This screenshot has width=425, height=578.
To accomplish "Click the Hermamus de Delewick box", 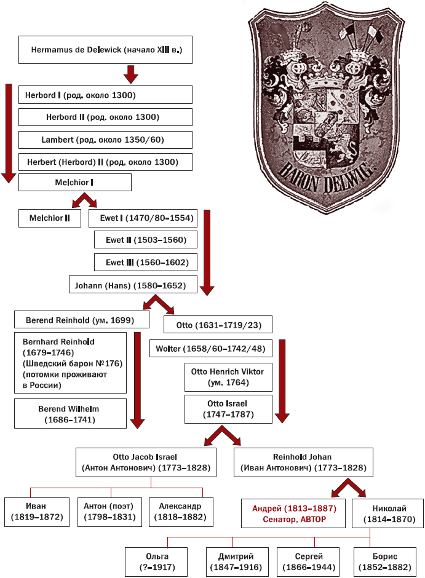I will (105, 49).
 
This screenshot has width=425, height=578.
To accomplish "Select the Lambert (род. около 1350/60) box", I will (105, 140).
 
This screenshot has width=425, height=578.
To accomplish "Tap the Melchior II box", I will (50, 218).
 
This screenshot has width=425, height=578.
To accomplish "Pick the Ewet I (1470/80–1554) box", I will (141, 218).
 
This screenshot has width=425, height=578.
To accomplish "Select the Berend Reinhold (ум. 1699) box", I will (82, 320).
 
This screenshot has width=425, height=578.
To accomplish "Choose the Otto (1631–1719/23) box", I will (218, 325).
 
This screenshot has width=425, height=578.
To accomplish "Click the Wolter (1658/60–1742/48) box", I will (211, 349).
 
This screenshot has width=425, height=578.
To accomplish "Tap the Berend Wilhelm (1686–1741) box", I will (71, 414).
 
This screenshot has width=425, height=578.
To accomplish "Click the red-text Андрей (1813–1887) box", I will (294, 513).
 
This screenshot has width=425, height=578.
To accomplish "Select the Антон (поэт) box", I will (109, 511).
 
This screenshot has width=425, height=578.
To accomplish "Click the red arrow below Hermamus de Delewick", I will (130, 74).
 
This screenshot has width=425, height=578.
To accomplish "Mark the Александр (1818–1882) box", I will (181, 511).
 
